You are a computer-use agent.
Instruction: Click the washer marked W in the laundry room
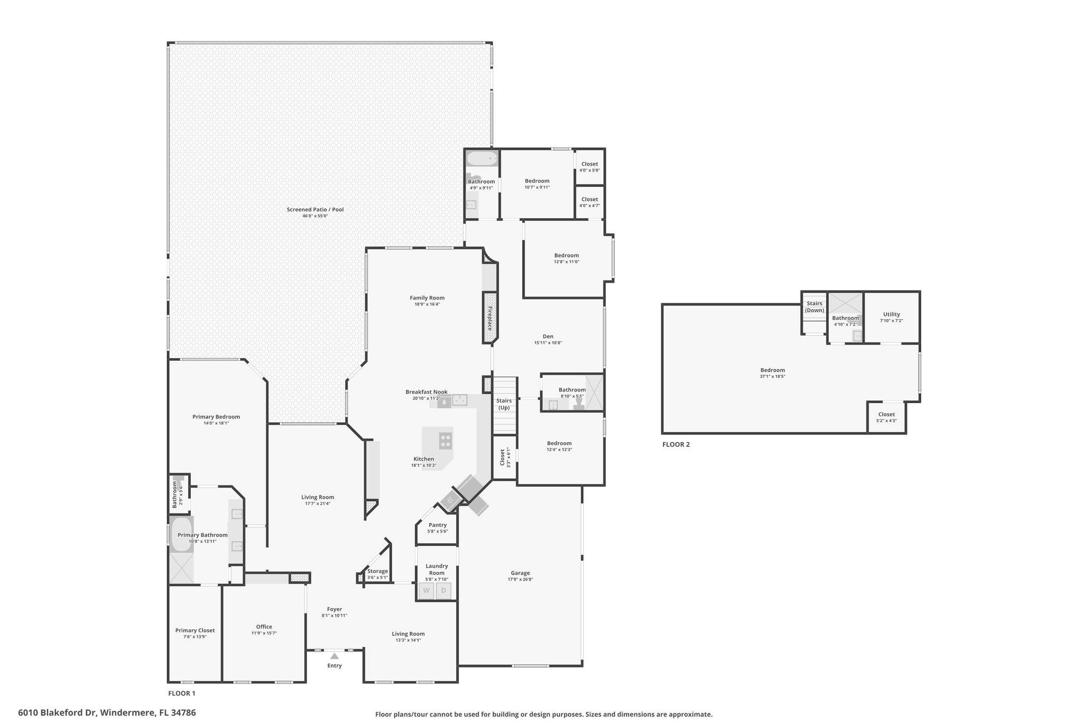[427, 591]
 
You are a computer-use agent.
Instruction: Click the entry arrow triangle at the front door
[335, 656]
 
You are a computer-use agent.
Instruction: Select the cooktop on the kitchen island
[446, 440]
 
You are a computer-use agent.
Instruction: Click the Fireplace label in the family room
[490, 318]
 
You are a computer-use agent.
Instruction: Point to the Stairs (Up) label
[504, 404]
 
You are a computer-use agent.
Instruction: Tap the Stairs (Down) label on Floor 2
[814, 307]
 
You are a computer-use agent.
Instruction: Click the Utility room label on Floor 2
[891, 314]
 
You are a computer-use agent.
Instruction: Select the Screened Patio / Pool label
[316, 209]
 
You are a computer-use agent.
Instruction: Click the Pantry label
[438, 525]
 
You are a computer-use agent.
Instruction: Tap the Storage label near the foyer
[378, 571]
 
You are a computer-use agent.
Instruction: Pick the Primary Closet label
[195, 630]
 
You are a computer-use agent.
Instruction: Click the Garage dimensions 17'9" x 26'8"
[521, 579]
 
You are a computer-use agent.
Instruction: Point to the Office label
[264, 627]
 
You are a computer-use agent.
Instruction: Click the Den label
[548, 336]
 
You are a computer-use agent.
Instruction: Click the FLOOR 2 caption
[676, 445]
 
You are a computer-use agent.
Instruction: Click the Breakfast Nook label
[427, 392]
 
